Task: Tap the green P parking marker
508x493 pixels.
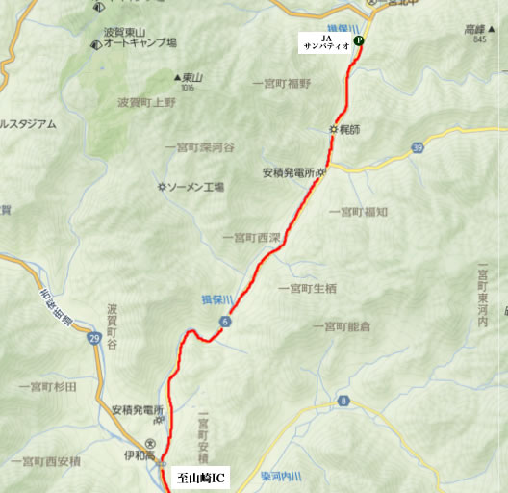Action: (359, 41)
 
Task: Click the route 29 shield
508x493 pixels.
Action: (93, 339)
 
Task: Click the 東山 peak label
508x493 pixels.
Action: (190, 77)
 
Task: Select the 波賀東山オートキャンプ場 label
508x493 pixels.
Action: (140, 43)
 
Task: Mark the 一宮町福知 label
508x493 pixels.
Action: (358, 211)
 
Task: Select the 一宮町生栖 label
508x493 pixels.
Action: (307, 288)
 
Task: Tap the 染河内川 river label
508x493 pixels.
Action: (281, 477)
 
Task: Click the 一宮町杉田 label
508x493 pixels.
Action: (47, 385)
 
